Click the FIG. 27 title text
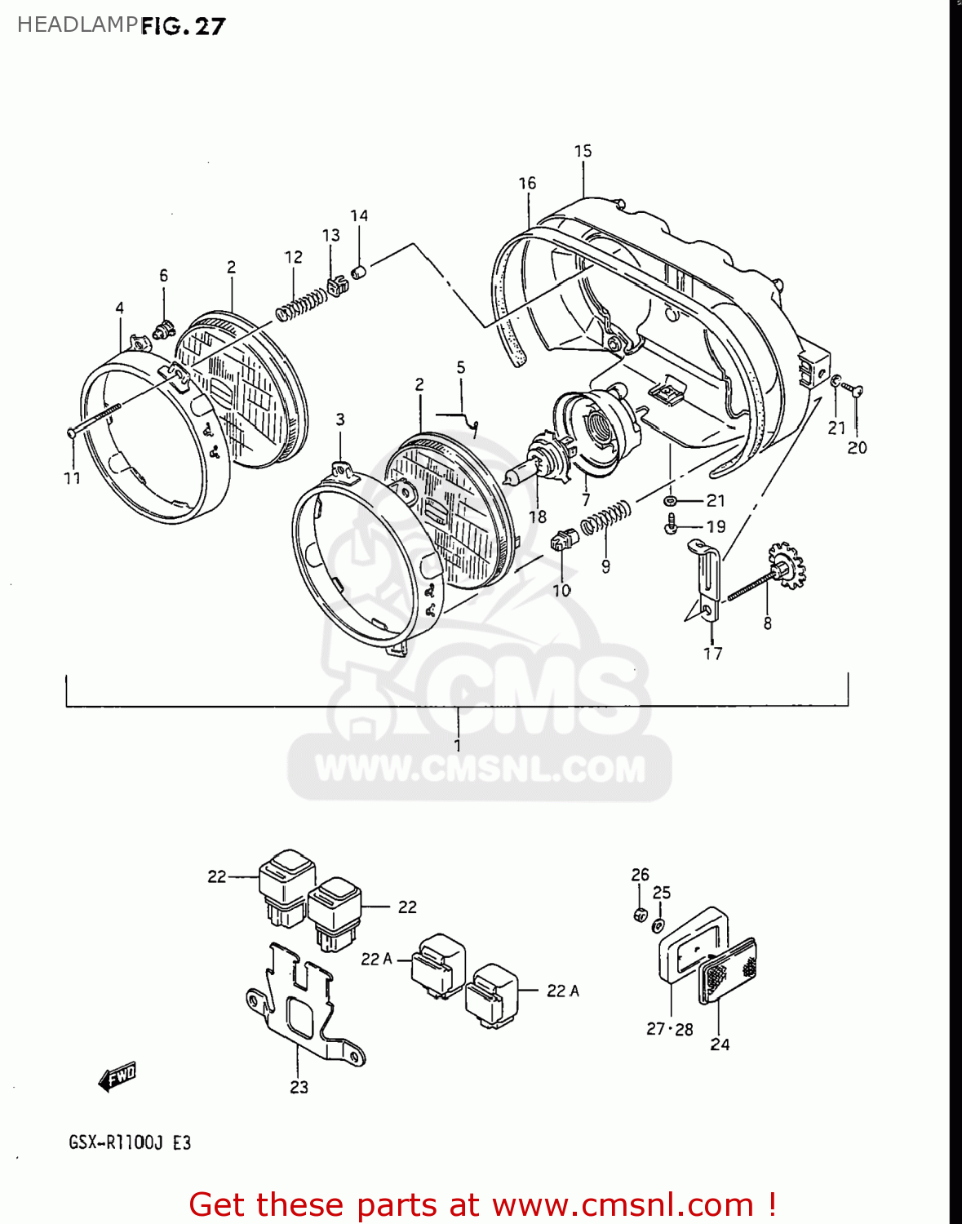(x=183, y=26)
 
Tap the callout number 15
(x=583, y=151)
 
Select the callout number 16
(x=527, y=184)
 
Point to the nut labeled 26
(x=641, y=915)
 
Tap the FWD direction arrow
(x=117, y=1076)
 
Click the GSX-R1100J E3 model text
(x=130, y=1142)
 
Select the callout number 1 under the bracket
(x=458, y=745)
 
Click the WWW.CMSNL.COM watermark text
(x=480, y=769)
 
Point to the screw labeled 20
(x=854, y=392)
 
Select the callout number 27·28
(x=669, y=1029)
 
